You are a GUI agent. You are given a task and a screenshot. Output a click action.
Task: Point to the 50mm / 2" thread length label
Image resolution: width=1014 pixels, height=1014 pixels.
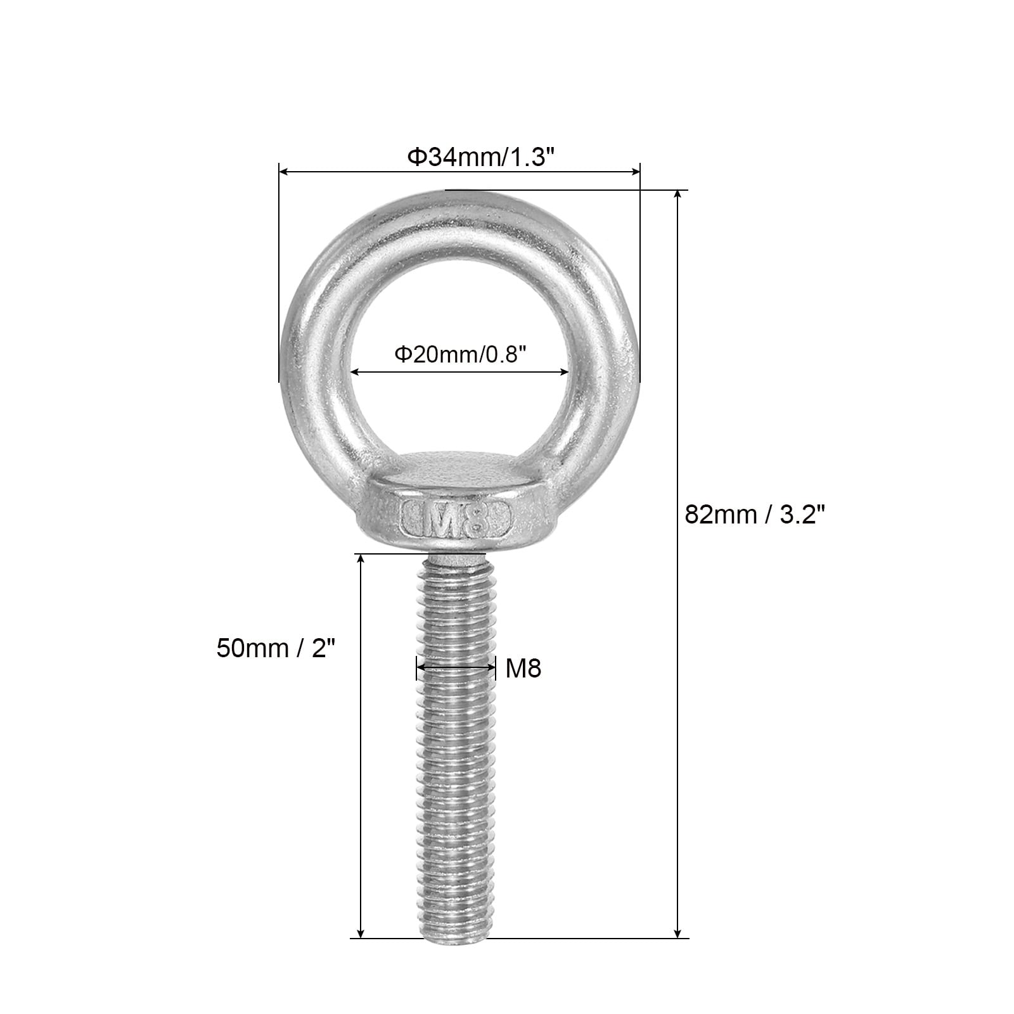(x=276, y=648)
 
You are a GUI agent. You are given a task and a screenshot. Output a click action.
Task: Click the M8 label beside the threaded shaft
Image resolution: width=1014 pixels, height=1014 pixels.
(x=523, y=668)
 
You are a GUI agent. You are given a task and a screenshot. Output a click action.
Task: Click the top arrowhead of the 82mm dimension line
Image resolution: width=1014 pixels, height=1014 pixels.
(x=678, y=195)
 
